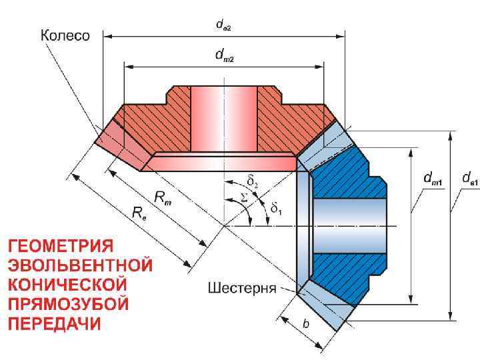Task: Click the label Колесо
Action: click(65, 35)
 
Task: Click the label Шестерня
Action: click(242, 289)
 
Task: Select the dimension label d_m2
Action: click(223, 57)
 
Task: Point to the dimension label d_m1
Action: click(434, 178)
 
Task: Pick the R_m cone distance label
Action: click(163, 197)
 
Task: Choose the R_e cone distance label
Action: click(139, 213)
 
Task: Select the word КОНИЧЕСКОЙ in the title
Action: click(67, 284)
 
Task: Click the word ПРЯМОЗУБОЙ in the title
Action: click(67, 304)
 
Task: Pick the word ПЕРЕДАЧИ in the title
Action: click(55, 324)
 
